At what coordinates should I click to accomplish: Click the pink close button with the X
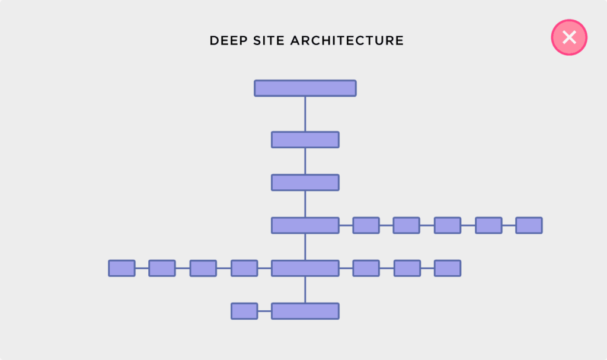[x=569, y=37]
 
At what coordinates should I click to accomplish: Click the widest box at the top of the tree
[x=305, y=88]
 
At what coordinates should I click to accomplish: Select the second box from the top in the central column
[x=305, y=139]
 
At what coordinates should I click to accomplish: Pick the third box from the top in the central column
[x=305, y=182]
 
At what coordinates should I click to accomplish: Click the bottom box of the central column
[x=305, y=311]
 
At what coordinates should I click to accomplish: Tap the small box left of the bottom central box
[x=244, y=311]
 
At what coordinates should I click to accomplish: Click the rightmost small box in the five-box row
[x=529, y=225]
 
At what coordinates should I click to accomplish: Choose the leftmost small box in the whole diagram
[x=122, y=268]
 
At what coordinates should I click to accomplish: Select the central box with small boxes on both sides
[x=305, y=268]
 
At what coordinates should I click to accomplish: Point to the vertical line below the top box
[x=305, y=114]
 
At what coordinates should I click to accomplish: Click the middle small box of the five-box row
[x=448, y=225]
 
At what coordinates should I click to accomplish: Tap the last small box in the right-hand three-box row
[x=448, y=268]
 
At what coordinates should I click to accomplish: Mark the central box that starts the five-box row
[x=305, y=225]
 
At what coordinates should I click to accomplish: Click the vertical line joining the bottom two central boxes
[x=305, y=289]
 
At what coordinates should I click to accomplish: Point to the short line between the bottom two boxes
[x=264, y=311]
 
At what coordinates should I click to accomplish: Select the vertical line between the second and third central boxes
[x=305, y=161]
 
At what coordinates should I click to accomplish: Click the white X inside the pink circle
[x=569, y=37]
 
